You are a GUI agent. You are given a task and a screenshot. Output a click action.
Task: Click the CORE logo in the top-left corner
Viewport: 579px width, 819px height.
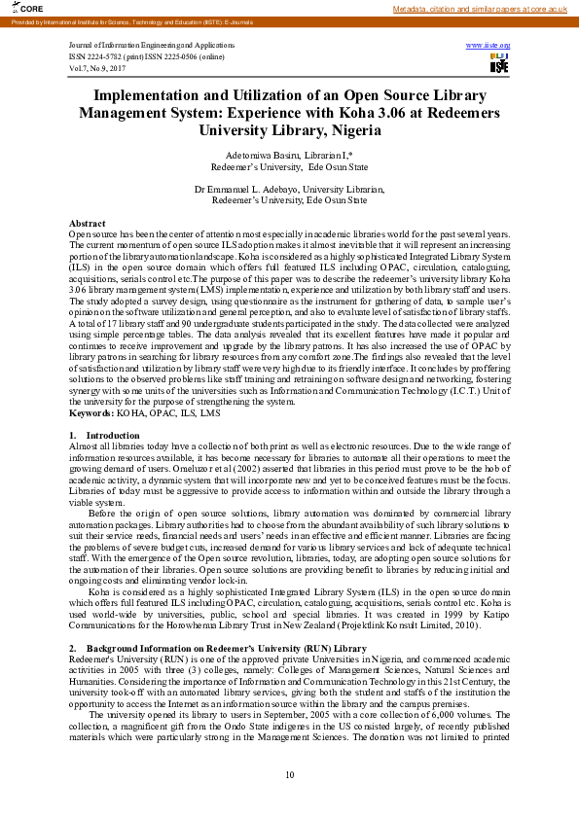tap(19, 8)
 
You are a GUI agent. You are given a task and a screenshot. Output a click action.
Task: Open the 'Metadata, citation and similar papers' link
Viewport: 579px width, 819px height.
tap(480, 9)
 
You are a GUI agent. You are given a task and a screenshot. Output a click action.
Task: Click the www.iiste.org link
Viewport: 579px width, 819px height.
tap(489, 46)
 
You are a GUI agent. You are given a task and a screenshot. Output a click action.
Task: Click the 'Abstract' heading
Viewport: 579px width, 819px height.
tap(88, 224)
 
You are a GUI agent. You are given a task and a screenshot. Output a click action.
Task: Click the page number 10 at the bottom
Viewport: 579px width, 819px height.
tap(289, 774)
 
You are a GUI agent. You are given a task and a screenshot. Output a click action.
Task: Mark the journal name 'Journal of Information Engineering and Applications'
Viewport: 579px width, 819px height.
tap(155, 46)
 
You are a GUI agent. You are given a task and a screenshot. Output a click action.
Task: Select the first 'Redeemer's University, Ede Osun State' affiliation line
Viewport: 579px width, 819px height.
tap(289, 166)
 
